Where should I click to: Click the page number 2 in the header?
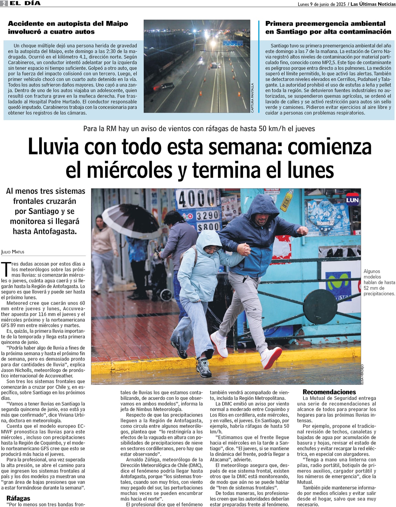click(x=3, y=3)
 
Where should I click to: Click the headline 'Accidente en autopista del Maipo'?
click(x=68, y=24)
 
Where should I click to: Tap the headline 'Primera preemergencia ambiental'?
click(x=325, y=24)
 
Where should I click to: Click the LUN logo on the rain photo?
click(x=352, y=200)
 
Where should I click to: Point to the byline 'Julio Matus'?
click(x=13, y=252)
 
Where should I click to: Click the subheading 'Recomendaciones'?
click(x=329, y=392)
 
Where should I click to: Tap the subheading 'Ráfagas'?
click(x=18, y=498)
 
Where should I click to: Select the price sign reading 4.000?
click(x=197, y=199)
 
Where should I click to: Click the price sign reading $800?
click(x=208, y=227)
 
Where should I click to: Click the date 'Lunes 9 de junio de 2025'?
click(x=322, y=4)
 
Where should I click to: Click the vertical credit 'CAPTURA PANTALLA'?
click(x=252, y=98)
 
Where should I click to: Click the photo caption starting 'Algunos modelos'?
click(x=379, y=282)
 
